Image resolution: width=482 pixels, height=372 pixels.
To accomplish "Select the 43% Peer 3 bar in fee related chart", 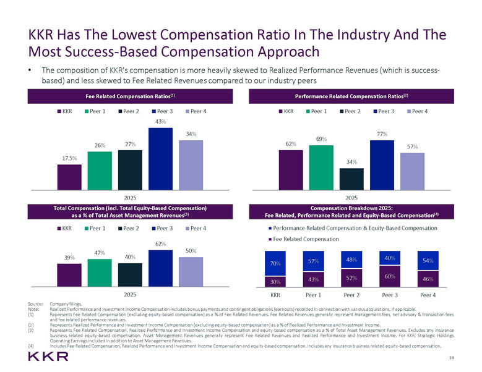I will pos(160,158).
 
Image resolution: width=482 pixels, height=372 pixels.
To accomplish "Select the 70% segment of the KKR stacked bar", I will pos(275,263).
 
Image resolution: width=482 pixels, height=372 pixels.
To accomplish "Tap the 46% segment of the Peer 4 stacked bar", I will pos(428,279).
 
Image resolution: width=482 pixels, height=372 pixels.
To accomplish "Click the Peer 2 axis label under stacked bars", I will pos(351,295).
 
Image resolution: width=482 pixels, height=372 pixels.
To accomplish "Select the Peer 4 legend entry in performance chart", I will pos(420,111).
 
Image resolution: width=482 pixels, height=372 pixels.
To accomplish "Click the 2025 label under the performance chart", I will pos(351,198).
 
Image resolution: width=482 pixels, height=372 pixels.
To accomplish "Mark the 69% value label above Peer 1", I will pos(321,139).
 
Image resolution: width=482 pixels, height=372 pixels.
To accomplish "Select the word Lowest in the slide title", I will pos(125,33).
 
